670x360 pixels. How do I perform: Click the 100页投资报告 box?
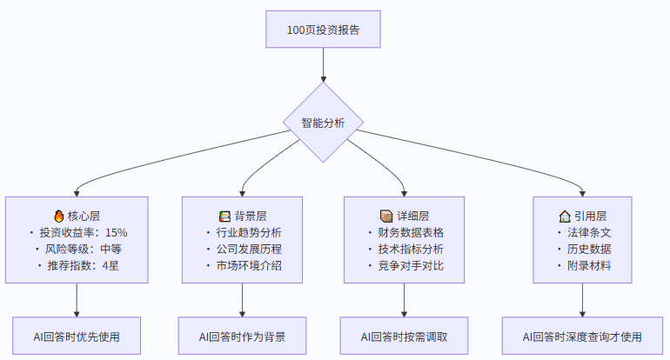323,30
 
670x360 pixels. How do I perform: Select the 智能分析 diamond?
323,123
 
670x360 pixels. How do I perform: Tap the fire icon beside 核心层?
59,216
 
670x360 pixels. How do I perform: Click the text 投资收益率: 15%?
83,232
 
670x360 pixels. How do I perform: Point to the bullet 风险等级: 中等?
83,249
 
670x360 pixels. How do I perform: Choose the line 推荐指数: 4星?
83,265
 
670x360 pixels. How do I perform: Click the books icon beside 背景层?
225,216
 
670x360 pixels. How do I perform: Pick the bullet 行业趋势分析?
248,232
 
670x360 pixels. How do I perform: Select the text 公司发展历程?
248,249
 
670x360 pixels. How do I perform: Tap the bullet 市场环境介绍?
248,265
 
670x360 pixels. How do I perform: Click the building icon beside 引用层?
564,216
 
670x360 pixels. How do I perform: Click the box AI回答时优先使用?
77,336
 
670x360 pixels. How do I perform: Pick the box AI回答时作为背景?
242,336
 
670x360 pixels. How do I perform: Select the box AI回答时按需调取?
405,336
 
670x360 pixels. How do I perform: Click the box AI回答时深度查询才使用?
581,336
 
